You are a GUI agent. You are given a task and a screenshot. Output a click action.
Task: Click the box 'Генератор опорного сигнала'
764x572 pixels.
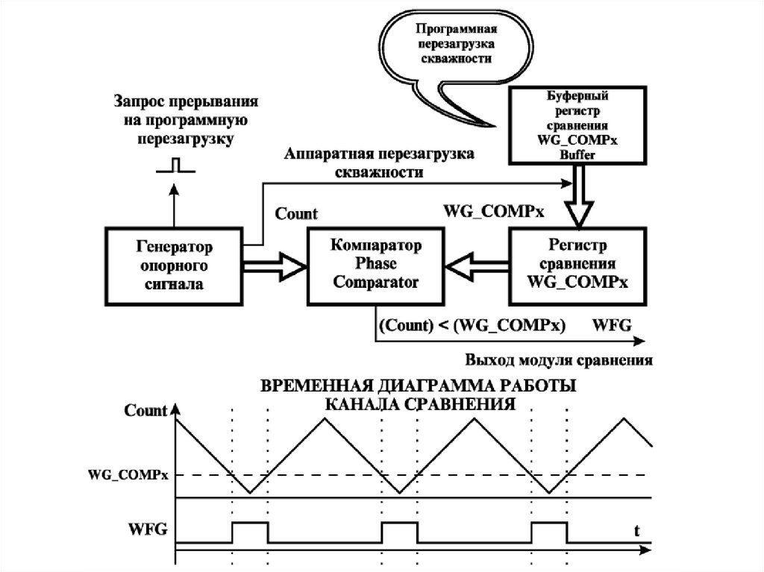click(174, 265)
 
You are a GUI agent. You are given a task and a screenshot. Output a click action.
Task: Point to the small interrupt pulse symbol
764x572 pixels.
click(175, 166)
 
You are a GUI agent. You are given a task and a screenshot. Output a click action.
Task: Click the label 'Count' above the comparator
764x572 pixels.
click(296, 214)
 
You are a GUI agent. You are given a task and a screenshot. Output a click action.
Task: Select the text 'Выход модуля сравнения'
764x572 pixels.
click(560, 360)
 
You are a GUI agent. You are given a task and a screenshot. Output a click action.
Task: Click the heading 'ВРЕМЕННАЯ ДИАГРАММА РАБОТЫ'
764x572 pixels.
click(417, 389)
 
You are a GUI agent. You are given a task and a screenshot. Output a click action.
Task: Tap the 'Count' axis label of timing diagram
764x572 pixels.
click(145, 410)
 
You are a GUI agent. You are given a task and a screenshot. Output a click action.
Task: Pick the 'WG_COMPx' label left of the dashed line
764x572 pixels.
click(128, 474)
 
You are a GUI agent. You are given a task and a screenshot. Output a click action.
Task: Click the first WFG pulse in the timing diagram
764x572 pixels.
click(250, 532)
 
